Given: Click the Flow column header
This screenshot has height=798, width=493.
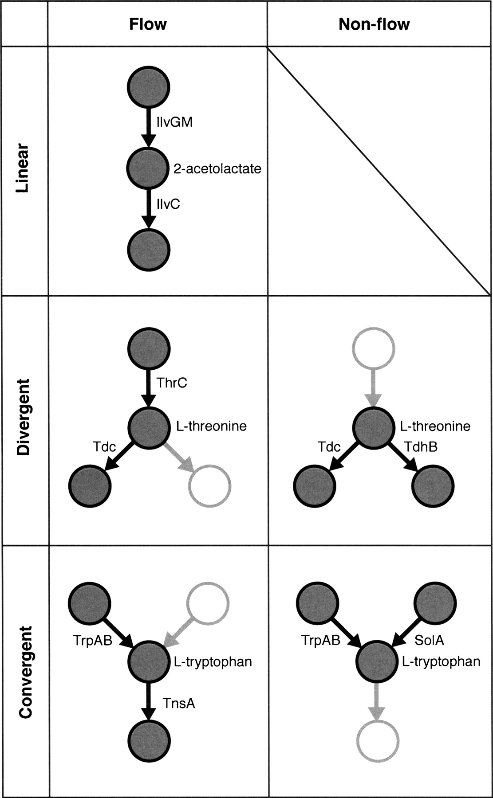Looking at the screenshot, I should [148, 24].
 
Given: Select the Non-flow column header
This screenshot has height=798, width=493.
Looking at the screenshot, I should [374, 24].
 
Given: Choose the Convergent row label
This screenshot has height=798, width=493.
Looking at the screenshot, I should [25, 671].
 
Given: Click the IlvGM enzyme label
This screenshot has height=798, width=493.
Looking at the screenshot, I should [174, 122].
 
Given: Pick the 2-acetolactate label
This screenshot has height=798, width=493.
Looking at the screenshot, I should [217, 168].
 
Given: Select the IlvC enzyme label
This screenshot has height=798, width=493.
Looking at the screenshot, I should [168, 204].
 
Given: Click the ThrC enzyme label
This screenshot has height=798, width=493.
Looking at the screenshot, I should [172, 382].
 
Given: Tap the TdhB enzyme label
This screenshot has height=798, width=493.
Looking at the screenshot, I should [421, 446].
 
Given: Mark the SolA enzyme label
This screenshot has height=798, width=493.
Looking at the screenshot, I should [429, 640].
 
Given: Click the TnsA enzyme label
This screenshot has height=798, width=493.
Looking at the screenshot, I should [178, 703].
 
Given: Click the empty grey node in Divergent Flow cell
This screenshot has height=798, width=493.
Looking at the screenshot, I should [210, 486].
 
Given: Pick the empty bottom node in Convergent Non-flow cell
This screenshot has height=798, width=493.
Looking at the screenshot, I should [378, 741].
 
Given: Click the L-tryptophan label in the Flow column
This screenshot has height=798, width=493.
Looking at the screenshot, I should [213, 662].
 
